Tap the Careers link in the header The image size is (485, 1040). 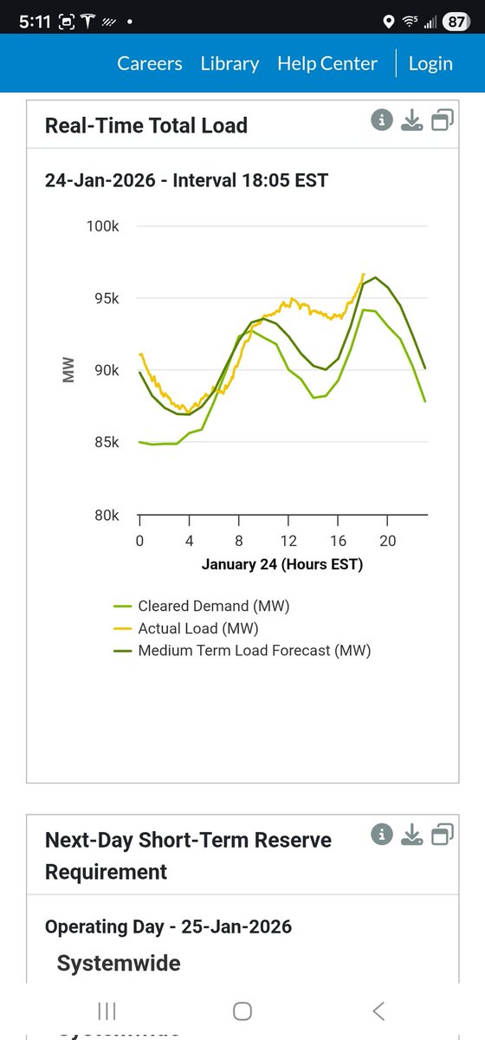click(x=150, y=63)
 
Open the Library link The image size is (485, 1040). click(x=230, y=63)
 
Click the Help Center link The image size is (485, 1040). click(x=327, y=63)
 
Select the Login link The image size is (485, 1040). click(x=430, y=63)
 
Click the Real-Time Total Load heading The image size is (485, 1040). click(x=146, y=126)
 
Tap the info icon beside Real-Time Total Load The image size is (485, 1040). click(x=382, y=120)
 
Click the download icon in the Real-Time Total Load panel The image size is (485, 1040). click(x=411, y=120)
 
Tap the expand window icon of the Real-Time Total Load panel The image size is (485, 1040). click(x=442, y=120)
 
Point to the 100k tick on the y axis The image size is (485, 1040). click(x=103, y=226)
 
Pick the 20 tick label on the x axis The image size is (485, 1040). click(x=388, y=541)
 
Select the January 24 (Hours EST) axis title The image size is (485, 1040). click(x=282, y=564)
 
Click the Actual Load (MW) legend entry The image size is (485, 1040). click(x=197, y=628)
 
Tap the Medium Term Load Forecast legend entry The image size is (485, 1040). click(x=254, y=650)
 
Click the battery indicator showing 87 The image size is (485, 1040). click(x=456, y=23)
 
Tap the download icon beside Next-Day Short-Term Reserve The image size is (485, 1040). click(x=411, y=835)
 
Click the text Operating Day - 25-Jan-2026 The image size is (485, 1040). click(x=168, y=926)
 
